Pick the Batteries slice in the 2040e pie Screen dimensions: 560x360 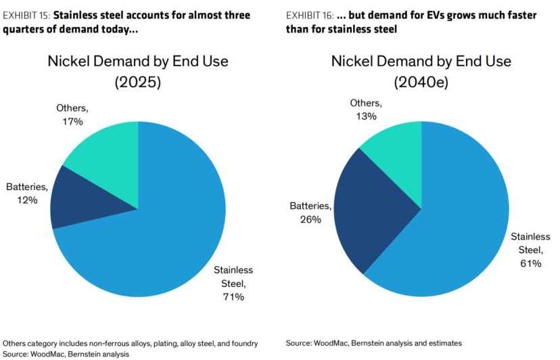[x=371, y=211]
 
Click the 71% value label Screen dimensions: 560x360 [x=233, y=296]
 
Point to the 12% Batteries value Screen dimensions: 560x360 [x=27, y=200]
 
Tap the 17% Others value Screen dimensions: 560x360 [x=72, y=122]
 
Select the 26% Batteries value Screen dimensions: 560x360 [x=310, y=219]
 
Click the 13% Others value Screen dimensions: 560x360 [x=366, y=116]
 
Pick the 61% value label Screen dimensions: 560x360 [x=531, y=263]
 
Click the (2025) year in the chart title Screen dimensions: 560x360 [x=138, y=83]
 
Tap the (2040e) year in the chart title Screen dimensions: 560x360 [x=421, y=83]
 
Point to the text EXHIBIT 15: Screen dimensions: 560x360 [x=26, y=16]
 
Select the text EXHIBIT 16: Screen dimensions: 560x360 [x=310, y=16]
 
